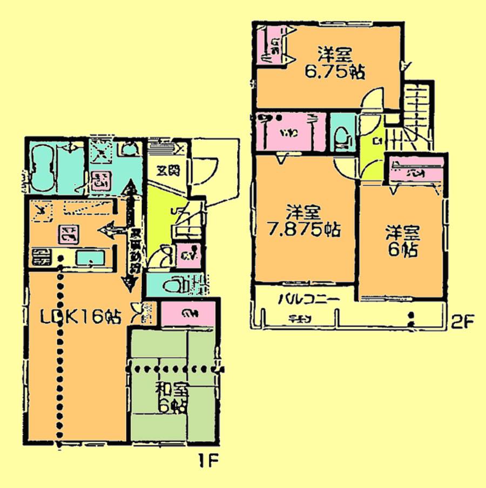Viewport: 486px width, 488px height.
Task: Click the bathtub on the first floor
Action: tap(41, 168)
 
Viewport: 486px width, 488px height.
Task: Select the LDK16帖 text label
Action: tap(81, 317)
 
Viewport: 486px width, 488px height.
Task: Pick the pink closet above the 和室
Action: tap(188, 313)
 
